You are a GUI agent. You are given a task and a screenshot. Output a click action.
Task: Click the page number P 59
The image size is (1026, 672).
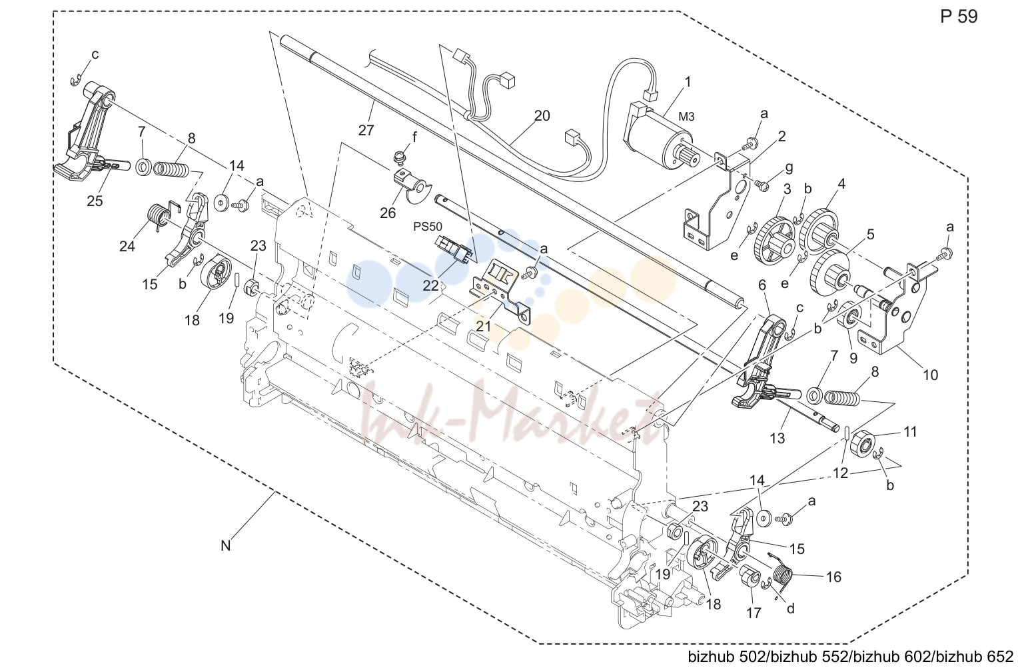(x=959, y=17)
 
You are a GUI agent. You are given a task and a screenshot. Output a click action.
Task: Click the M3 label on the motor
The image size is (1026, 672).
(x=686, y=117)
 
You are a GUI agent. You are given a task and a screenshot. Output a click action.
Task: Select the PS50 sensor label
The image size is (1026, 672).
(x=428, y=227)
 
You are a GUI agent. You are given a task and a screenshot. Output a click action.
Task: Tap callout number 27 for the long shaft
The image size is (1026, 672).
(x=366, y=131)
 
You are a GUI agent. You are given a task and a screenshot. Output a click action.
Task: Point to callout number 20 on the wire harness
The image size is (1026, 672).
(x=542, y=115)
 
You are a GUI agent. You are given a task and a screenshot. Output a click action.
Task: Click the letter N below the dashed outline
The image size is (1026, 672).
(x=225, y=546)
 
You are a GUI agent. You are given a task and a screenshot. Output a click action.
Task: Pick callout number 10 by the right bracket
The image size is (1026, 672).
(x=930, y=375)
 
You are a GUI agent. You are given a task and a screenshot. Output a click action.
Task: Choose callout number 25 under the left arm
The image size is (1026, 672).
(x=95, y=201)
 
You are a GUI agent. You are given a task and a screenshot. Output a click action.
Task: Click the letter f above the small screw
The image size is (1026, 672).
(x=414, y=137)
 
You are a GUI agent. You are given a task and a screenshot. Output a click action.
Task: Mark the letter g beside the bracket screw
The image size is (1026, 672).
(x=789, y=168)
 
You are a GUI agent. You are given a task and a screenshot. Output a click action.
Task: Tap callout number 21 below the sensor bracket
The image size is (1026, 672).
(x=483, y=327)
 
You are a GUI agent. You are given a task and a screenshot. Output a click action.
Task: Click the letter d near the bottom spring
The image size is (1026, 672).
(x=791, y=608)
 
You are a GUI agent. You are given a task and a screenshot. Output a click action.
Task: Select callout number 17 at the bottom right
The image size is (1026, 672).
(x=754, y=613)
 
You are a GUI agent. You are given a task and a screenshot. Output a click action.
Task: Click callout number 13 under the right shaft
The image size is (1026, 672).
(x=777, y=438)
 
